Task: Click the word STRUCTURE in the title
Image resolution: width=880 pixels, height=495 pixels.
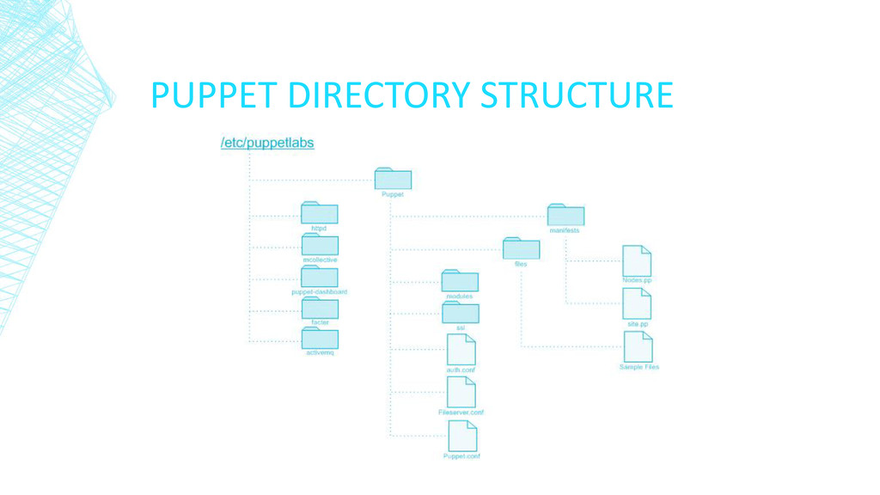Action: tap(576, 95)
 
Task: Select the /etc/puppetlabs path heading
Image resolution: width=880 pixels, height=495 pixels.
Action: tap(267, 144)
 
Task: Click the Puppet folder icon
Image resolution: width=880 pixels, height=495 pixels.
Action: tap(393, 179)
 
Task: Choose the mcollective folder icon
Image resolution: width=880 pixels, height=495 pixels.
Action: tap(320, 245)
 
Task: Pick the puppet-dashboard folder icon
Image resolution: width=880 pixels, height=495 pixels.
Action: tap(319, 277)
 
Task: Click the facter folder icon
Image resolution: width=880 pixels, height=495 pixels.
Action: tap(320, 308)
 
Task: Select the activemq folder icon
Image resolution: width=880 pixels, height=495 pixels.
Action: tap(320, 339)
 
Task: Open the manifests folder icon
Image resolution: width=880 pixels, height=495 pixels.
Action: tap(565, 216)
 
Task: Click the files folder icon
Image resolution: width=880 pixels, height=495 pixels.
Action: tap(521, 248)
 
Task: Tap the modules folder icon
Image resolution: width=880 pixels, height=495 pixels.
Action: tap(460, 281)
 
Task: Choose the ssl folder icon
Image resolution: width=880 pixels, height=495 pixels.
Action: tap(461, 313)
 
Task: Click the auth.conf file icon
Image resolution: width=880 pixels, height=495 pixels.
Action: tap(461, 350)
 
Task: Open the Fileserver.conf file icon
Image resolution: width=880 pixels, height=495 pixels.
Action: tap(461, 393)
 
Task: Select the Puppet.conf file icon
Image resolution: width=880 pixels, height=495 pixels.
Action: tap(462, 437)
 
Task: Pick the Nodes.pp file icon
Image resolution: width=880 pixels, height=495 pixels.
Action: tap(637, 261)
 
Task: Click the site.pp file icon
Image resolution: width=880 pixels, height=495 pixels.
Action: tap(637, 304)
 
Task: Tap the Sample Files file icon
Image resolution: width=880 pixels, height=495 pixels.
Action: tap(639, 347)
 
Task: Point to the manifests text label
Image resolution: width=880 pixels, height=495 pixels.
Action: tap(565, 231)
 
